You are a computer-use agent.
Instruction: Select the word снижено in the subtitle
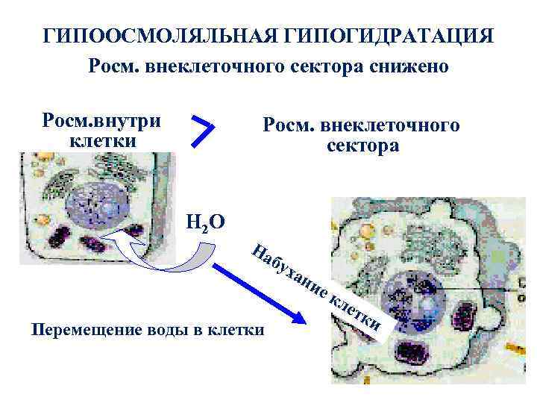tap(413, 67)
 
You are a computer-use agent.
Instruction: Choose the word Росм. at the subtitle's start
tap(113, 67)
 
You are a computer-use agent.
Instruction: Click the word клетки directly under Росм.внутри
tap(101, 140)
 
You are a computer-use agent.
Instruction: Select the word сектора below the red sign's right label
tap(362, 146)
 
